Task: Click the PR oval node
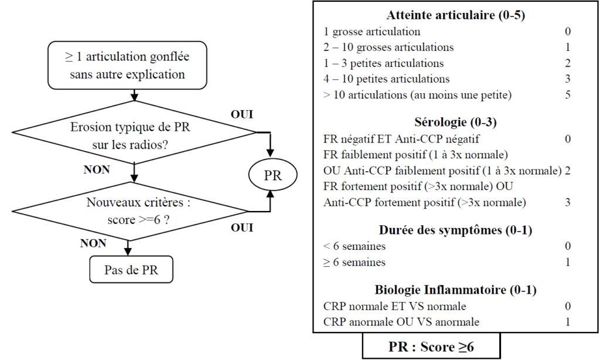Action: tap(271, 175)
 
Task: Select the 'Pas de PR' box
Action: tap(131, 271)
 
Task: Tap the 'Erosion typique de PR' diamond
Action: tap(135, 137)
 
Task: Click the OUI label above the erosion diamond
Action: tap(242, 115)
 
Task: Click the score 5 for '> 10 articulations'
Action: tap(568, 94)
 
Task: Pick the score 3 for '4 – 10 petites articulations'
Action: tap(568, 79)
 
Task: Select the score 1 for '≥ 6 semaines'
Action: tap(568, 262)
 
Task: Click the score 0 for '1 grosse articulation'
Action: tap(568, 32)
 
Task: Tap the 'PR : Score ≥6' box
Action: tap(431, 347)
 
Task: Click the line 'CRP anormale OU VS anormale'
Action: tap(401, 322)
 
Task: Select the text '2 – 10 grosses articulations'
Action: tap(388, 47)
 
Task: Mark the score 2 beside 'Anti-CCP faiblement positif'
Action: tap(568, 171)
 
